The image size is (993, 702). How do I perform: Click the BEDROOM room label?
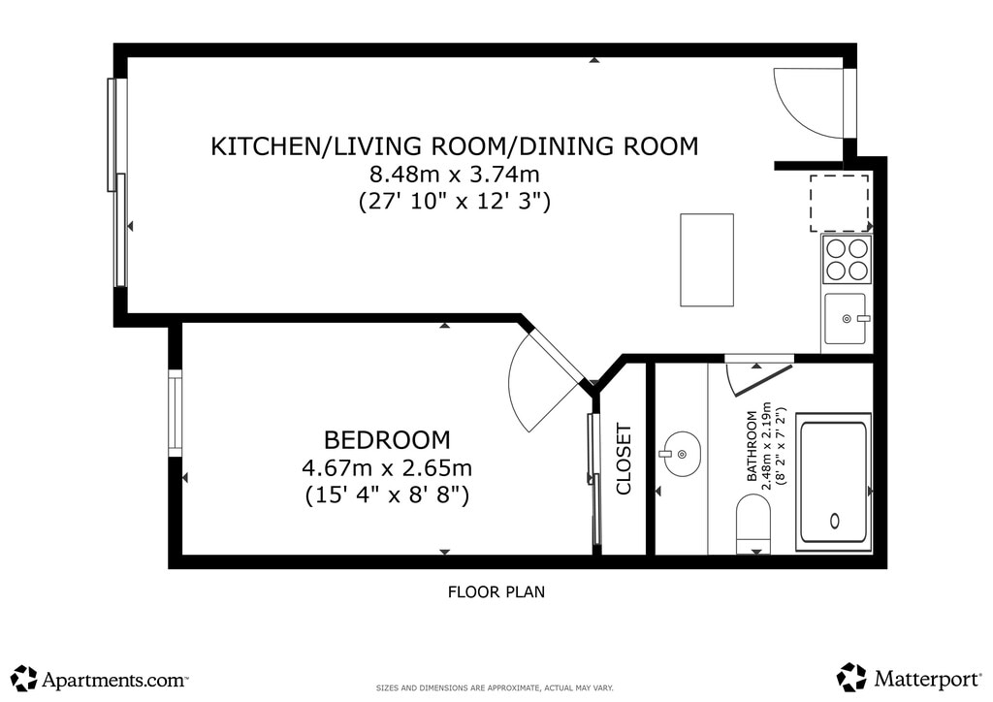click(x=387, y=439)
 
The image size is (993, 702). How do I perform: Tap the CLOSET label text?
click(x=624, y=460)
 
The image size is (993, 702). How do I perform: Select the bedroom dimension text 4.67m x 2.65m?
click(x=387, y=467)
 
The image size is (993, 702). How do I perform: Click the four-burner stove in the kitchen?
click(x=847, y=259)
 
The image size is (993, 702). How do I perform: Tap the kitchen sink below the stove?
click(x=845, y=318)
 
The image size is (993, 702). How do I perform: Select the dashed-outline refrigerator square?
click(x=839, y=204)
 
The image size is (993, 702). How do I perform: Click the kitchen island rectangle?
click(x=707, y=260)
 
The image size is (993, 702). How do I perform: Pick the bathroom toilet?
click(x=753, y=523)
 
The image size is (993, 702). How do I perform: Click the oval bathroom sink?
click(x=680, y=453)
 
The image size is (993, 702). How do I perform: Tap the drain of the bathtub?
click(x=835, y=521)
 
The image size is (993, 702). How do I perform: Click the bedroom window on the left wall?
click(x=175, y=413)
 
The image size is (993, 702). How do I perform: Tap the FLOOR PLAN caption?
click(x=496, y=591)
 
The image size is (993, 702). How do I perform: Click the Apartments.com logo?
click(x=100, y=679)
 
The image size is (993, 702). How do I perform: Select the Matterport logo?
click(x=910, y=678)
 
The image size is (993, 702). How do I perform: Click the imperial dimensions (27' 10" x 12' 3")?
click(x=454, y=202)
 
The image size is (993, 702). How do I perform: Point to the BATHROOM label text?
click(x=753, y=446)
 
